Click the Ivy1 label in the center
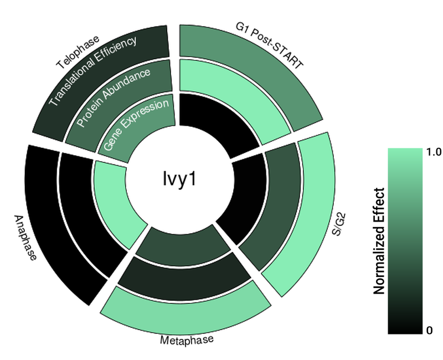[179, 179]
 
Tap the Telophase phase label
[78, 52]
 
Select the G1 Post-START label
[269, 45]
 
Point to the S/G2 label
[339, 225]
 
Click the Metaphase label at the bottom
[187, 340]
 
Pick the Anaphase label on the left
[25, 238]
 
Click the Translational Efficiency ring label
[92, 71]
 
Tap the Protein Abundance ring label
[114, 97]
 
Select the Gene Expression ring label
[136, 124]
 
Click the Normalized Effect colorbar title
[379, 241]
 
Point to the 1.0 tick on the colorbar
[434, 152]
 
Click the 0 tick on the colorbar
[430, 330]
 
